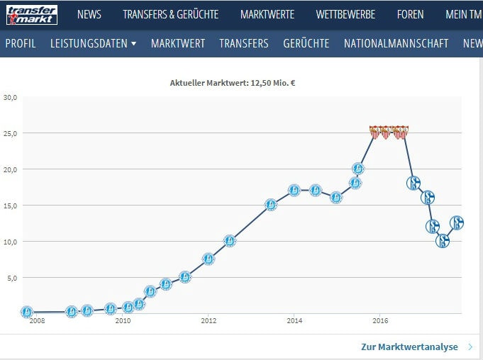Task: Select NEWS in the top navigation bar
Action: (89, 14)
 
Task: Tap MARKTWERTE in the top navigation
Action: (267, 14)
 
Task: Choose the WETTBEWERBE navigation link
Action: (345, 14)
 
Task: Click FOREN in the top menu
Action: (410, 14)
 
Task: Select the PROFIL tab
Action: (21, 43)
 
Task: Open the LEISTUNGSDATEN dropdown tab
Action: (94, 43)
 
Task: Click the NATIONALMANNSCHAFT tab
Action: (396, 43)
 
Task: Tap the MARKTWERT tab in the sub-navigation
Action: (178, 43)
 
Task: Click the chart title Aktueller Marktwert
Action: (233, 83)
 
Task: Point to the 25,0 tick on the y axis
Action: (10, 133)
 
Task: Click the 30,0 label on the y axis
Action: (10, 97)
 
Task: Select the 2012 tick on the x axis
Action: (208, 321)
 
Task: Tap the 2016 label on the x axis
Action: (379, 321)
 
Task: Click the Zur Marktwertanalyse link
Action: (409, 347)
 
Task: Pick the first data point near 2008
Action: (27, 312)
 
